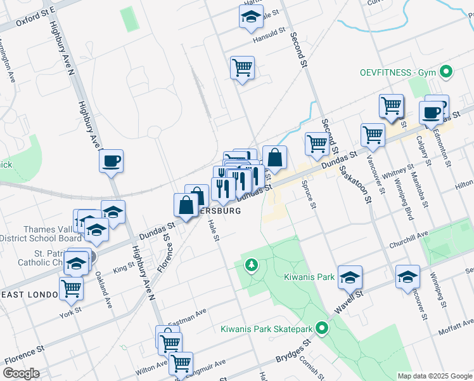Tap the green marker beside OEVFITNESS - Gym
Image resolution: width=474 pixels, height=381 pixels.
[446, 72]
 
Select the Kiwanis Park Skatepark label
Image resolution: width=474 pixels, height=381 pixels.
[266, 329]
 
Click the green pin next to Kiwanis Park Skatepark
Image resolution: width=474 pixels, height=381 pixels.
[322, 329]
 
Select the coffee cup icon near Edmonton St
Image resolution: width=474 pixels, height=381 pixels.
[432, 112]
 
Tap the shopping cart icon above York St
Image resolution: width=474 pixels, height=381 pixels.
[72, 288]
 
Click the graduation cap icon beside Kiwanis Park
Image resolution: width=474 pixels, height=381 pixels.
[350, 276]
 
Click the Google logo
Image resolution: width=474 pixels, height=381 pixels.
[22, 373]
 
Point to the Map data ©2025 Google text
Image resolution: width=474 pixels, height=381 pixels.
[435, 376]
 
